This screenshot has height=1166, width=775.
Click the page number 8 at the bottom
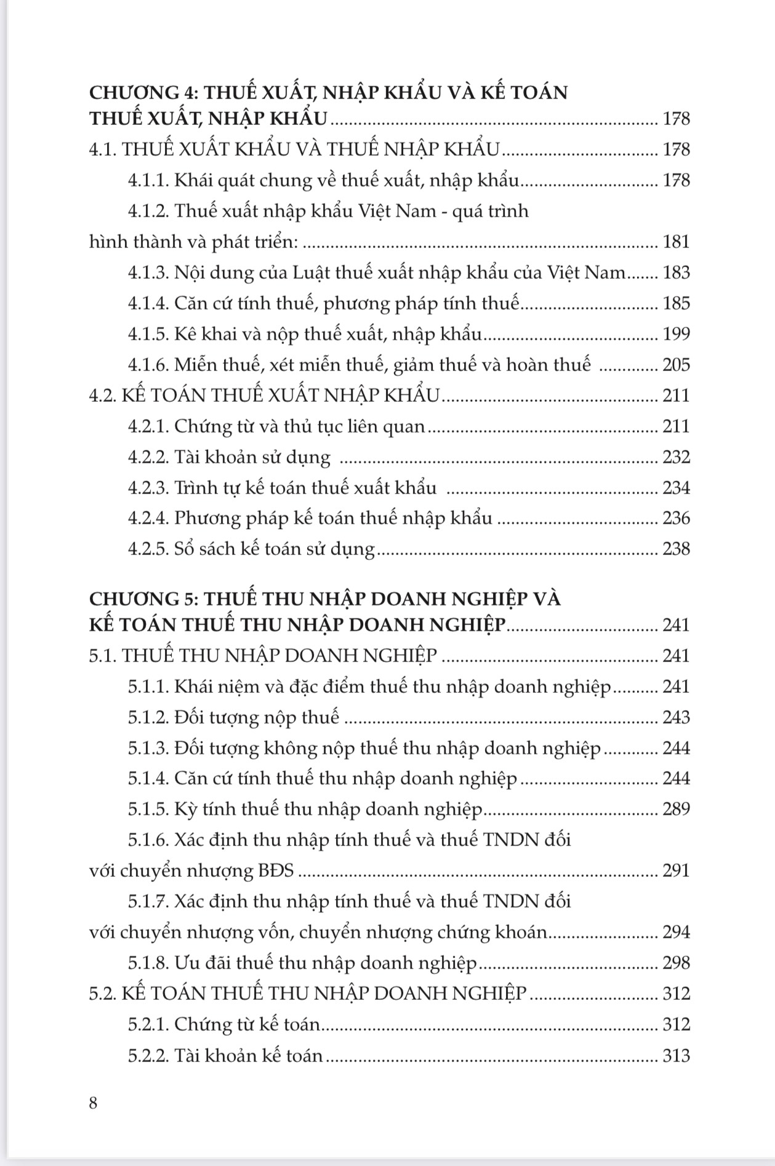(94, 1103)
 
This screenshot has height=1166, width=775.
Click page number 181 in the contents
(676, 242)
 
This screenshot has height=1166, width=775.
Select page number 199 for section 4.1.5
(676, 334)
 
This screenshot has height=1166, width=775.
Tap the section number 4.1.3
(148, 273)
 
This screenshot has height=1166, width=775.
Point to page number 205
(676, 365)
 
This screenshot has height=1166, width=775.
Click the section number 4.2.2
(148, 457)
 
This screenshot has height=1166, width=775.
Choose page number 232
(676, 457)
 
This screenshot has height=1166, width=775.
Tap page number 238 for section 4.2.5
(676, 549)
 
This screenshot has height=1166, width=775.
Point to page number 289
(676, 809)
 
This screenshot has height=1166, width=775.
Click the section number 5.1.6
(148, 840)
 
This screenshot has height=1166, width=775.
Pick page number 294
(676, 932)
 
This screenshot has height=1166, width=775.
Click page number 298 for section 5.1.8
(676, 963)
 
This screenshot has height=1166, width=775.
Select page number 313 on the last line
(676, 1056)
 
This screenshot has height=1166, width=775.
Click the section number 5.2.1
(148, 1024)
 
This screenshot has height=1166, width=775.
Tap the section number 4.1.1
(148, 180)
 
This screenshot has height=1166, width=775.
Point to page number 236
(676, 518)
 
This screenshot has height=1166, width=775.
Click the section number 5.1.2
(148, 717)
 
